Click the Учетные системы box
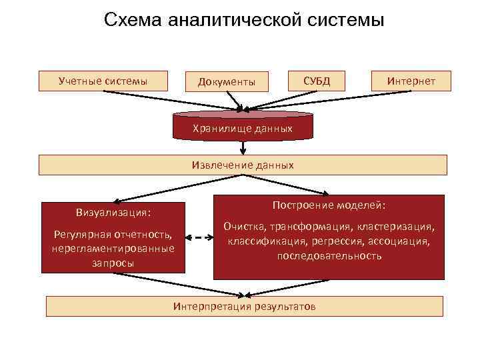coord(103,81)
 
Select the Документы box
coord(226,81)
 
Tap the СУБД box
coord(316,81)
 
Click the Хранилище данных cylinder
coord(243,127)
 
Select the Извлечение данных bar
coord(243,165)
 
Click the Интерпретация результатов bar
coord(244,306)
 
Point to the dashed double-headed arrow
coord(199,237)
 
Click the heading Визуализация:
coord(113,213)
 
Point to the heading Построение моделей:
coord(329,205)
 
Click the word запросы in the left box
coord(113,263)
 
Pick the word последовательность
coord(329,255)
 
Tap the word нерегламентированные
coord(113,249)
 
